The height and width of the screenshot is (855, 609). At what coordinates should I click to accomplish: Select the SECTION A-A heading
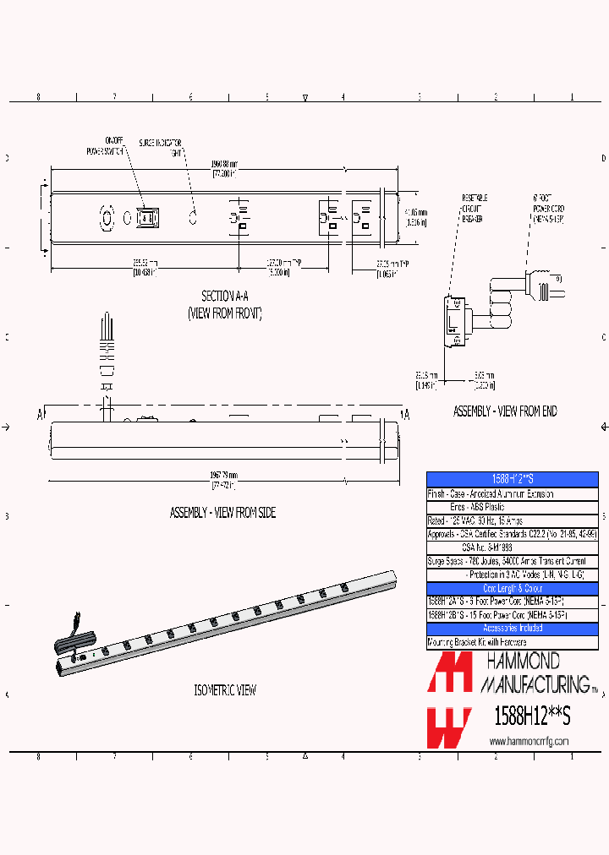coord(225,296)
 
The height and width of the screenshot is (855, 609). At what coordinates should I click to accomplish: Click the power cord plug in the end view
coord(541,284)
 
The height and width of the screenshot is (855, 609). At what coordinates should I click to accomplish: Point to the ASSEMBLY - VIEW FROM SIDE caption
coord(223,513)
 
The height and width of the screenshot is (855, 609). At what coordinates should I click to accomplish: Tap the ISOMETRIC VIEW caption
coord(224,690)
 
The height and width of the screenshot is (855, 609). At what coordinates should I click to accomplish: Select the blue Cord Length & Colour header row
coord(512,588)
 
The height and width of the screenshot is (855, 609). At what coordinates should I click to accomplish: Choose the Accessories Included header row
coord(512,629)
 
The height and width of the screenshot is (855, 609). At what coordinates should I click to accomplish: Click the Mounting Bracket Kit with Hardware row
coord(477,642)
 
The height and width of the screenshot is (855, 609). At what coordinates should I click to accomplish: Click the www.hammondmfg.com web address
coord(529,741)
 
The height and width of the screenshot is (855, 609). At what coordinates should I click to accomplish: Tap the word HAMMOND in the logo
coord(521,661)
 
